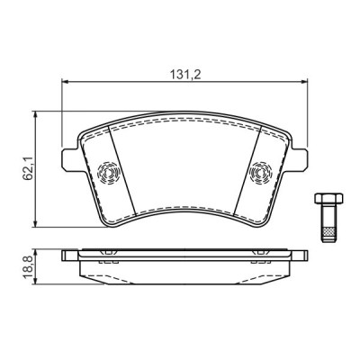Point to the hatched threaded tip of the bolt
tap(328, 230)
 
